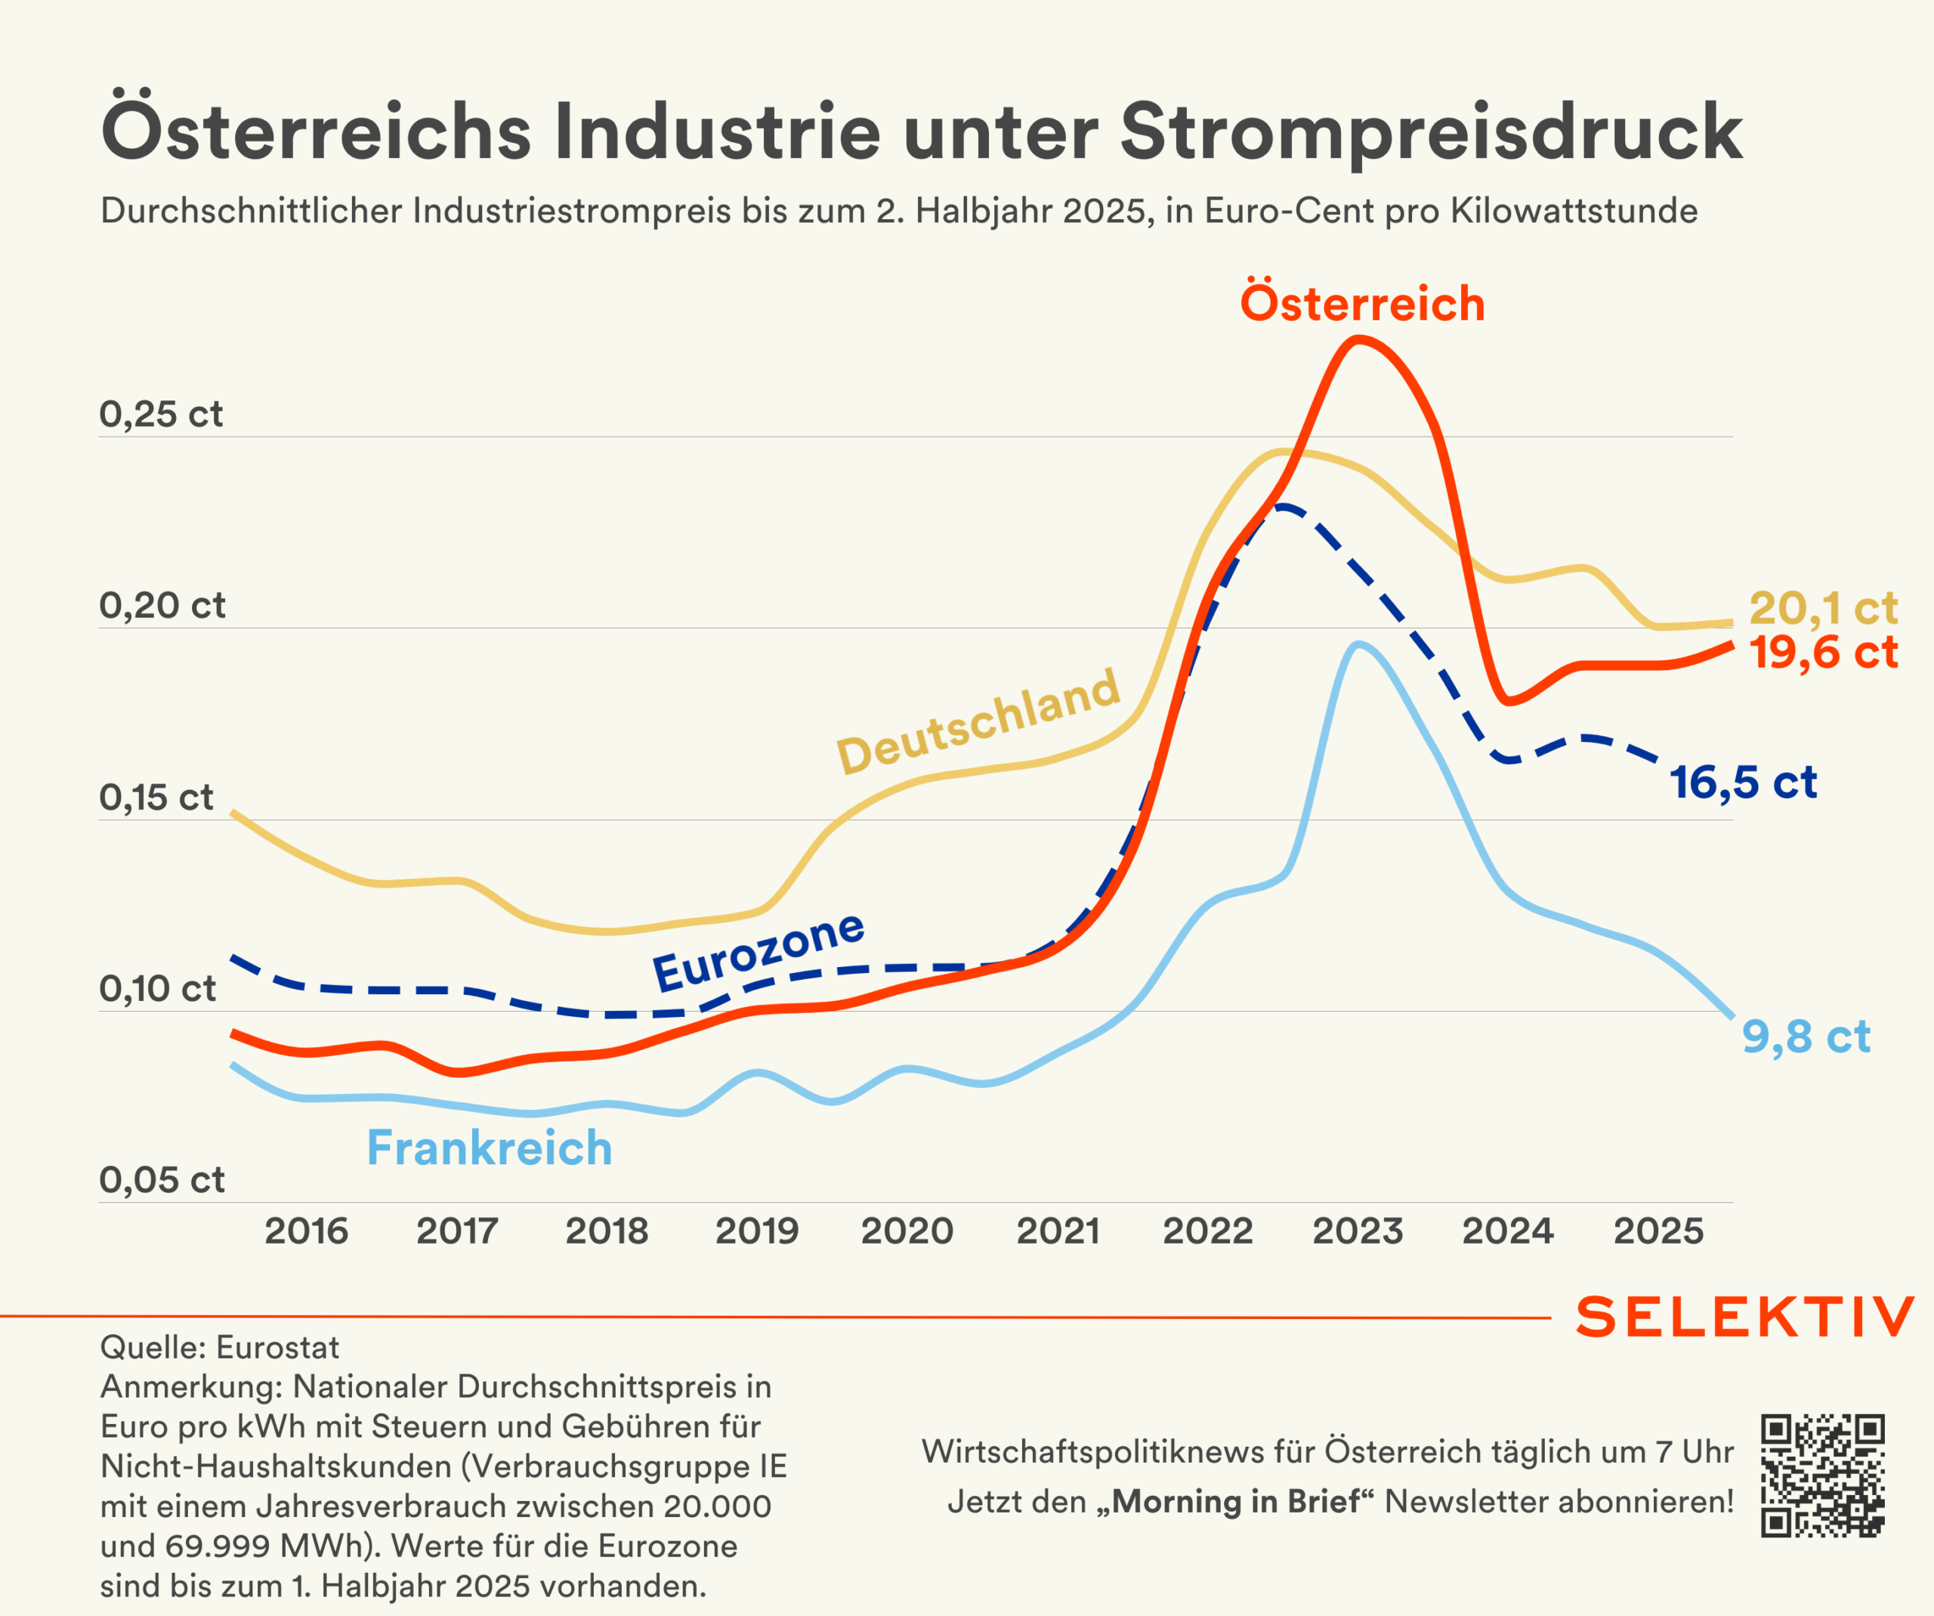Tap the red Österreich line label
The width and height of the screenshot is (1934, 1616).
point(1362,304)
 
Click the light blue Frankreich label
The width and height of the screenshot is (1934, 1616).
point(489,1148)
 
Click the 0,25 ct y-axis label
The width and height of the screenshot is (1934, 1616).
point(161,414)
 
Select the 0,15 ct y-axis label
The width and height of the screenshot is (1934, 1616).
point(156,797)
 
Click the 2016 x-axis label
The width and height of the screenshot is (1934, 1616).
point(307,1231)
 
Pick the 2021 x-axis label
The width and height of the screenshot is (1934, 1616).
point(1058,1231)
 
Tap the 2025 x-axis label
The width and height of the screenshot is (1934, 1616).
point(1659,1231)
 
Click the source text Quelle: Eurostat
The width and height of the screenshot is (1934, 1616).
point(219,1347)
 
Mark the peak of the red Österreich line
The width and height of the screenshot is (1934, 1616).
point(1358,340)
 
